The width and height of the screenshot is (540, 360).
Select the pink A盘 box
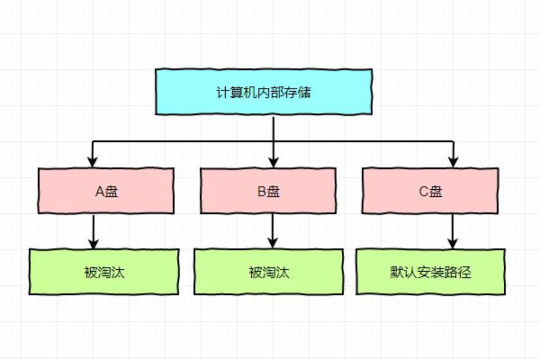tap(106, 190)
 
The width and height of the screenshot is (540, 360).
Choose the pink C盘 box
tap(430, 190)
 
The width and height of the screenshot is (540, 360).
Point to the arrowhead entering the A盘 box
tap(94, 162)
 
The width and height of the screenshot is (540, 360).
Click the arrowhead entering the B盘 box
tap(273, 162)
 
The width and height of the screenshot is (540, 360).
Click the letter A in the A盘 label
tap(99, 191)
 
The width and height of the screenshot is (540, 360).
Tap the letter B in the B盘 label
tap(261, 191)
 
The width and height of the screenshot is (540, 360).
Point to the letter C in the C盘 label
tap(423, 191)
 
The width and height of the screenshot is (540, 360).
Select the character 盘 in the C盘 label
tap(436, 191)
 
